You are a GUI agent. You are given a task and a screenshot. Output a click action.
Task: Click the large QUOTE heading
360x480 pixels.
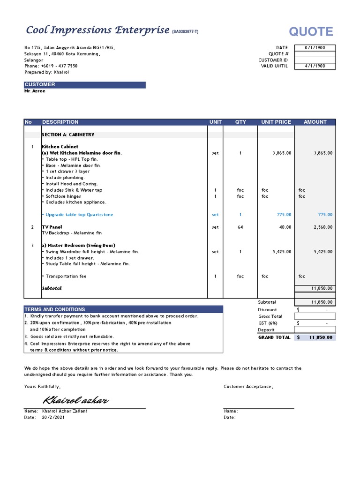click(311, 32)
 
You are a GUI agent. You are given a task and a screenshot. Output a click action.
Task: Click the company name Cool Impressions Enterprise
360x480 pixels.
click(97, 30)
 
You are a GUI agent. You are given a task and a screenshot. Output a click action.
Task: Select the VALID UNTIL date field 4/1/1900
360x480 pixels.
click(315, 66)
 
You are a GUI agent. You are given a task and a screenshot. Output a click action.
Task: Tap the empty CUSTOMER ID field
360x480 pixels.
click(315, 60)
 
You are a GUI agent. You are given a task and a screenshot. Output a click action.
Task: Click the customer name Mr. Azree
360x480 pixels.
click(35, 91)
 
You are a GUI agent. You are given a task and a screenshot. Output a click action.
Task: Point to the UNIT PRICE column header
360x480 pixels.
click(276, 122)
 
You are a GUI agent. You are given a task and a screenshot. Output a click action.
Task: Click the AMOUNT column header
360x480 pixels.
click(315, 122)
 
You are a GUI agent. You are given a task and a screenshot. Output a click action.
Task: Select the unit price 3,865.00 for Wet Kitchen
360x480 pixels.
click(282, 153)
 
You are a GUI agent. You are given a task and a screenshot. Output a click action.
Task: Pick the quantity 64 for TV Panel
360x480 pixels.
click(240, 227)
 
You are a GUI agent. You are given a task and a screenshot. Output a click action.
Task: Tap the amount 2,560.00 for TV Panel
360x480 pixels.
click(323, 227)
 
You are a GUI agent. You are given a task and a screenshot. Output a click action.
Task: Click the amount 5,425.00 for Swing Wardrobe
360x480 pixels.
click(323, 252)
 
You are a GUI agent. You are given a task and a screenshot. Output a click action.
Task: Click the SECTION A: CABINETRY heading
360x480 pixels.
click(68, 135)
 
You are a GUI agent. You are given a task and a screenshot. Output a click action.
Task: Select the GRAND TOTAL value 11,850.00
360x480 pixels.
click(321, 337)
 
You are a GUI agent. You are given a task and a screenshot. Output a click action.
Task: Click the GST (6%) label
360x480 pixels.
click(268, 323)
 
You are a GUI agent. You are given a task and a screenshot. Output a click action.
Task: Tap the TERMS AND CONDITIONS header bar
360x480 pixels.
click(123, 309)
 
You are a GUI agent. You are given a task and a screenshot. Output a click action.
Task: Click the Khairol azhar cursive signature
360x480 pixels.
click(76, 400)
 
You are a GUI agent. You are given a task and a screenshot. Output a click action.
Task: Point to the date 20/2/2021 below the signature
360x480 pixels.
click(53, 417)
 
